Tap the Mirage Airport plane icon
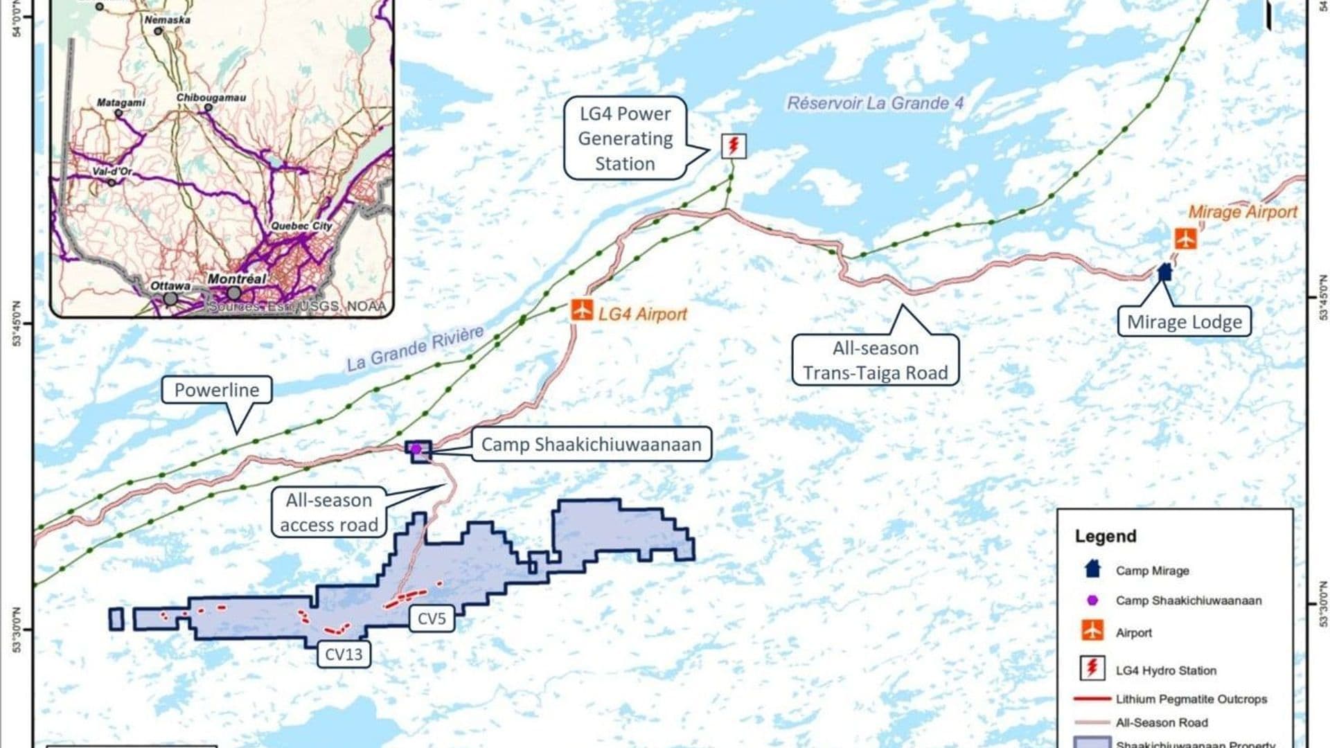pyautogui.click(x=1185, y=239)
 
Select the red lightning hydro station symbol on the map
pyautogui.click(x=734, y=146)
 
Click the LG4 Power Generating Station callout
pyautogui.click(x=625, y=139)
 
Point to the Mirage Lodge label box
pyautogui.click(x=1184, y=322)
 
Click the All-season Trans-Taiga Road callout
pyautogui.click(x=875, y=360)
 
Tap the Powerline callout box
pyautogui.click(x=216, y=390)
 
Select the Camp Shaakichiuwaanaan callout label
pyautogui.click(x=591, y=445)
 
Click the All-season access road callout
pyautogui.click(x=329, y=513)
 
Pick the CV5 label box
pyautogui.click(x=432, y=618)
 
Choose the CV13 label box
pyautogui.click(x=344, y=654)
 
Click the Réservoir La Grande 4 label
pyautogui.click(x=875, y=104)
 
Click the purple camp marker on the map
pyautogui.click(x=416, y=449)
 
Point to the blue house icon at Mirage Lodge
pyautogui.click(x=1164, y=271)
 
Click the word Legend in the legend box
pyautogui.click(x=1106, y=536)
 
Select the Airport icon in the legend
pyautogui.click(x=1092, y=631)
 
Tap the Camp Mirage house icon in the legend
pyautogui.click(x=1092, y=569)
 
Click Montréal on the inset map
pyautogui.click(x=237, y=278)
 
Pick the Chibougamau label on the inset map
pyautogui.click(x=211, y=98)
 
